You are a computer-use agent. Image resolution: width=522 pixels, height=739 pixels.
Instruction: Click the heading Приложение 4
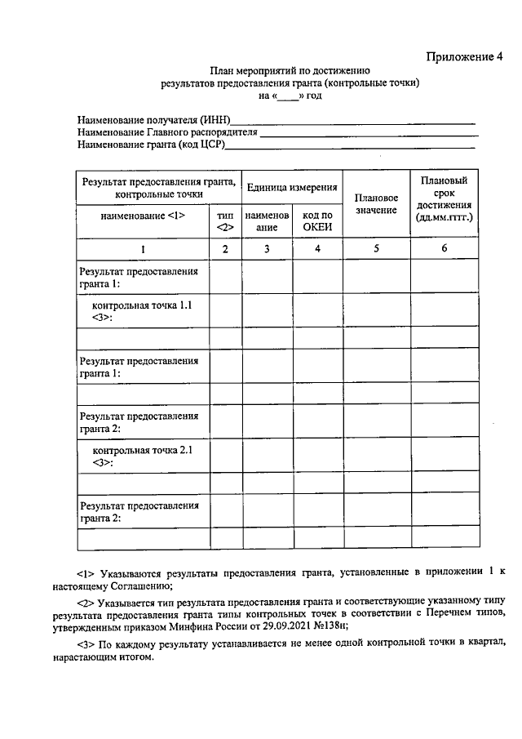(x=466, y=56)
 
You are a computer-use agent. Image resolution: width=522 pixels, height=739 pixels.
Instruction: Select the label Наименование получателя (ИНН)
(x=153, y=120)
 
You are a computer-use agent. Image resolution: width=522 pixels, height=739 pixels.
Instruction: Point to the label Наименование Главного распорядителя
(x=167, y=132)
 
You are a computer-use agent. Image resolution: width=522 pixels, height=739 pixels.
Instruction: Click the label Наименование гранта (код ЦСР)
(x=151, y=145)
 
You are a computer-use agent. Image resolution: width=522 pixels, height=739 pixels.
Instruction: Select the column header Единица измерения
(x=292, y=187)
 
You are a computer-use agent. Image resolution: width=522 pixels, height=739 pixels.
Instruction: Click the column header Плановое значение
(x=376, y=204)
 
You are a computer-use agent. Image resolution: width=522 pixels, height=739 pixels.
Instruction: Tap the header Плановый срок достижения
(x=444, y=198)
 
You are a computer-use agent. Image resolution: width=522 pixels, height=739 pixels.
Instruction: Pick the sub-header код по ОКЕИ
(x=316, y=220)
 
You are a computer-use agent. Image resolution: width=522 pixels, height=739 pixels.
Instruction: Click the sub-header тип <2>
(x=225, y=220)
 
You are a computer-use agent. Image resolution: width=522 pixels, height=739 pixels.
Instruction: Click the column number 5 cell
(x=376, y=249)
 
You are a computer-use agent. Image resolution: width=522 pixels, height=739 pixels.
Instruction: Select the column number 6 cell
(x=444, y=249)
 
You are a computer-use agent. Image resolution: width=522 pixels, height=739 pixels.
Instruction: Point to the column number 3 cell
(x=267, y=249)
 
